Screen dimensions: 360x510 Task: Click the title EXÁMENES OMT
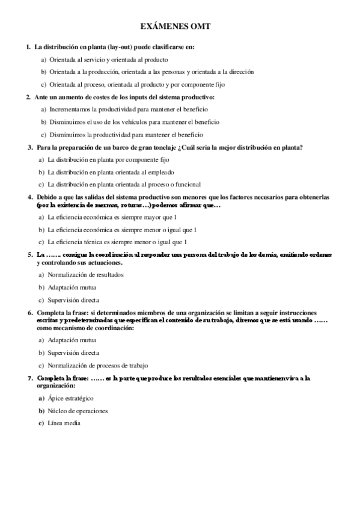pyautogui.click(x=180, y=27)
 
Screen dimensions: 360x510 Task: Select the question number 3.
pyautogui.click(x=30, y=147)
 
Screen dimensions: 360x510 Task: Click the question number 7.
pyautogui.click(x=30, y=378)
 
